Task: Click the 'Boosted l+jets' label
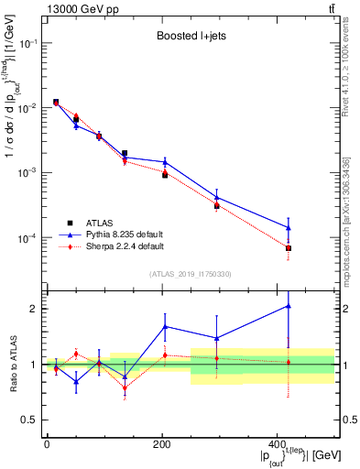pyautogui.click(x=191, y=38)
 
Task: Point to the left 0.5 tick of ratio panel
pyautogui.click(x=29, y=420)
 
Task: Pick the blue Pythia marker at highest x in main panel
pyautogui.click(x=289, y=228)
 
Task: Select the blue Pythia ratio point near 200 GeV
pyautogui.click(x=165, y=326)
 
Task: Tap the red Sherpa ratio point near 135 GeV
pyautogui.click(x=125, y=387)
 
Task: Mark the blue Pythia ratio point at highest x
pyautogui.click(x=289, y=306)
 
